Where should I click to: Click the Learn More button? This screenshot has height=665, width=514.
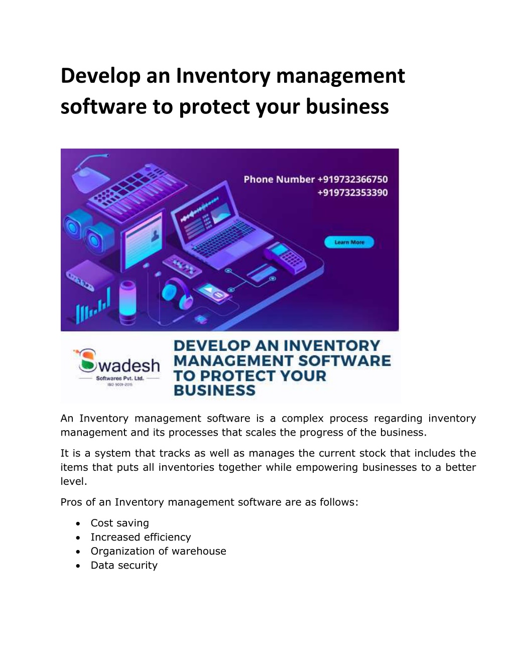(349, 242)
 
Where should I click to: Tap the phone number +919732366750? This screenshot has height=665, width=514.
(352, 179)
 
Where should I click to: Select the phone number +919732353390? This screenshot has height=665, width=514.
(352, 193)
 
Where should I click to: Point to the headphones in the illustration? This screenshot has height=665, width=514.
(177, 292)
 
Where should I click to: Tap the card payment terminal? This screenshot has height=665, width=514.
(285, 257)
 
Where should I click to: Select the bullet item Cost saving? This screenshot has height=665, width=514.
(119, 523)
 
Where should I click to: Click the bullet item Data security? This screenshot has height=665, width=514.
(124, 565)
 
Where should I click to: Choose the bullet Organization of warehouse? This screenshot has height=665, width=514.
(159, 551)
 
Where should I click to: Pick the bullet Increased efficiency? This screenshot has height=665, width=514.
(141, 537)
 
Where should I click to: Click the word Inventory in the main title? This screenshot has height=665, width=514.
(223, 76)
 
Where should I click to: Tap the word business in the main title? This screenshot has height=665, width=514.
(347, 106)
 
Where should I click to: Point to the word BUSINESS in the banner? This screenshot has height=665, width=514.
(214, 390)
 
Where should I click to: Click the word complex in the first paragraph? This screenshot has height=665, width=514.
(302, 418)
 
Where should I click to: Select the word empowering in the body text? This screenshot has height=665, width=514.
(326, 467)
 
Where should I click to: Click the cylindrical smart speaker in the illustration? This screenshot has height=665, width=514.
(127, 302)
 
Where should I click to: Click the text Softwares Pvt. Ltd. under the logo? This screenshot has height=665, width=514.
(119, 378)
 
